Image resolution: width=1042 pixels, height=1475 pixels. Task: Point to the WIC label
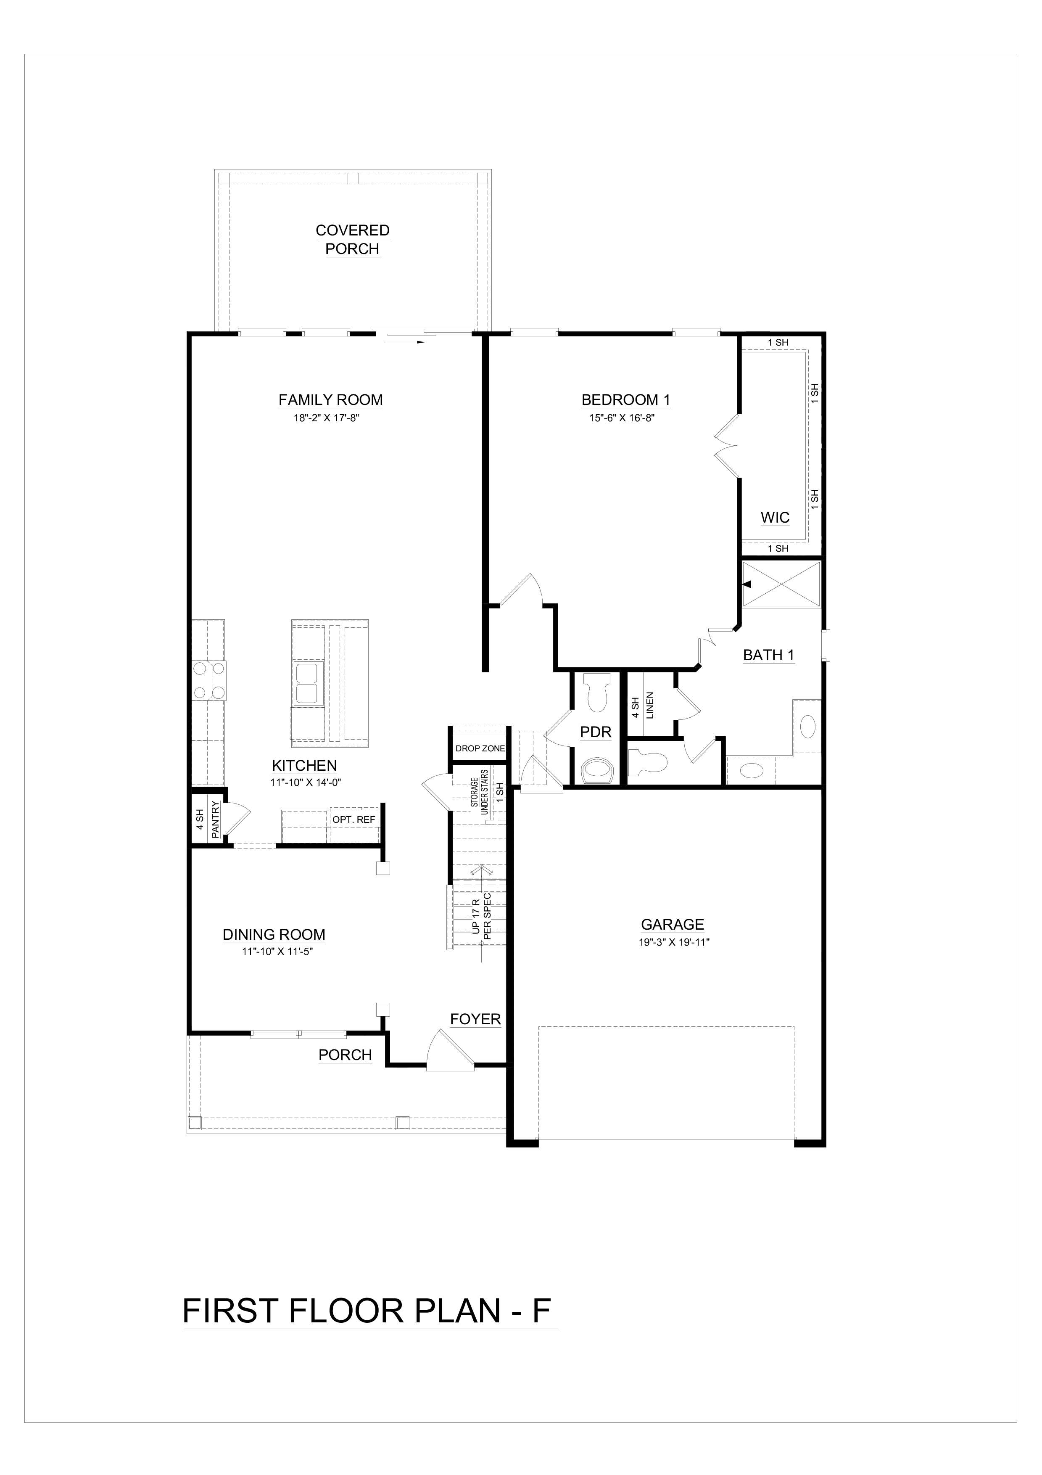click(775, 518)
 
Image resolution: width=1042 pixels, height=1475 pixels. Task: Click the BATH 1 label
click(768, 655)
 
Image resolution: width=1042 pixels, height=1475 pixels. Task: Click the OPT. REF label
click(353, 820)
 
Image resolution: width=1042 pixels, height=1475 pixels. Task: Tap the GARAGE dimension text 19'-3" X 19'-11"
click(672, 942)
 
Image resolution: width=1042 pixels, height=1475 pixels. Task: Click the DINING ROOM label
click(274, 935)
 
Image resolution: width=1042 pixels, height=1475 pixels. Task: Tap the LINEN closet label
click(650, 706)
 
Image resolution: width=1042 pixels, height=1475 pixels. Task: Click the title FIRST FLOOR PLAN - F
click(367, 1311)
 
